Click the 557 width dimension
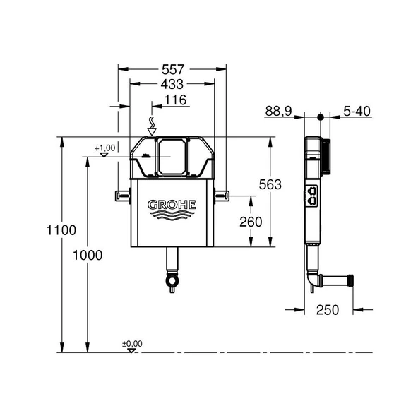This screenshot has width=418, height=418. pos(172,70)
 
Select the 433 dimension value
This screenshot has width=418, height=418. pos(172,85)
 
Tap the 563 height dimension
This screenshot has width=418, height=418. pos(269,185)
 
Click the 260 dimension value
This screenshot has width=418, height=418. pos(250,222)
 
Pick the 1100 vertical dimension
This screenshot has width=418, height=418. pos(61,230)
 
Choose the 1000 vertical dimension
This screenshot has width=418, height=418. pos(88,254)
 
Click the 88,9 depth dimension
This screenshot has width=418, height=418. pos(280,111)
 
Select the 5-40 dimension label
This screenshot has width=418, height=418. pos(357,111)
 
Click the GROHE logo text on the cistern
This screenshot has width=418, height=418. pos(172,205)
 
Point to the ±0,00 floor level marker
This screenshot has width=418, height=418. pos(132,345)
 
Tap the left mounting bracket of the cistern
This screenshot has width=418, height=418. pos(122,194)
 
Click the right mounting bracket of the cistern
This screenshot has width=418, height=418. pos(222,194)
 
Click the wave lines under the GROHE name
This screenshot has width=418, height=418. pos(172,216)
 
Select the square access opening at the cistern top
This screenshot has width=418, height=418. pos(170,155)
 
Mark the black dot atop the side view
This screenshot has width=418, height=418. pos(320,117)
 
